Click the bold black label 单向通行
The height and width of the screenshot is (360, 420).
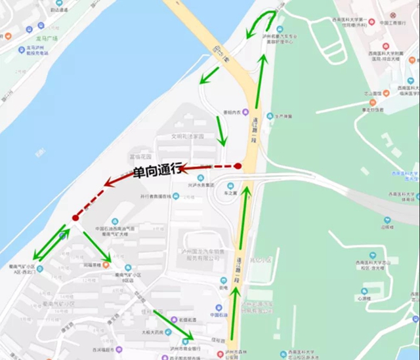(156, 172)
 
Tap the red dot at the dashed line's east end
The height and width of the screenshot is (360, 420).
(238, 166)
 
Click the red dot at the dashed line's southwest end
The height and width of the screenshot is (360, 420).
(76, 217)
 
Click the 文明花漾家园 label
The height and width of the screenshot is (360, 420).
(187, 136)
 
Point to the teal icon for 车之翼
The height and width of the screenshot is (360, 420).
(230, 186)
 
